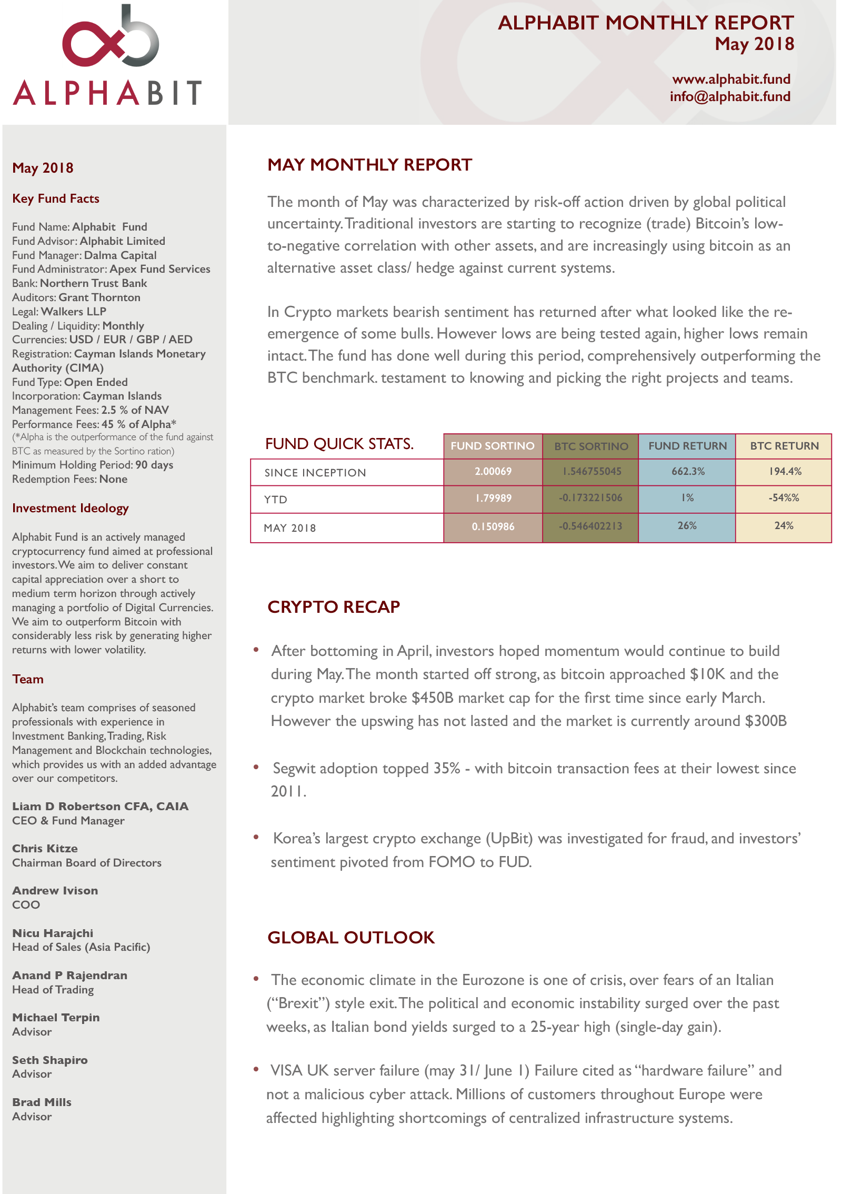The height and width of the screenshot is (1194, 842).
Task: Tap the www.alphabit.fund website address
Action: point(731,79)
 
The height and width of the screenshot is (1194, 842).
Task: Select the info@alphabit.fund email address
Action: point(730,96)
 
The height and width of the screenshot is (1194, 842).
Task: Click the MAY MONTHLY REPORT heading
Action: point(369,165)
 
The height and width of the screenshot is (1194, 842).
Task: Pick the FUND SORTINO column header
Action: point(492,446)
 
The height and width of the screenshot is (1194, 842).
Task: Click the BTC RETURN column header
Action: point(784,446)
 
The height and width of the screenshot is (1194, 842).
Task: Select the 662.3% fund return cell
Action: point(687,471)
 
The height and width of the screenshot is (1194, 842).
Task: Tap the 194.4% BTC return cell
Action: point(785,471)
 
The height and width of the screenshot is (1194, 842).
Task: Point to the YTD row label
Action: point(276,499)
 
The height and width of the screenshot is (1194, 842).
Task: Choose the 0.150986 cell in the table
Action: point(493,526)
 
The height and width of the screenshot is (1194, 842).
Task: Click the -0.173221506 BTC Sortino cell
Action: point(590,498)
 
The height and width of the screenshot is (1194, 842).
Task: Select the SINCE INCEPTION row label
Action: point(315,472)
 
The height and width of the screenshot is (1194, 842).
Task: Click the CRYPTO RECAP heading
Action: point(334,607)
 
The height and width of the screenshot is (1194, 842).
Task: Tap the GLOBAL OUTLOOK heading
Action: point(351,938)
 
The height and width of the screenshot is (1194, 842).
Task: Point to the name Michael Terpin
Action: point(56,1017)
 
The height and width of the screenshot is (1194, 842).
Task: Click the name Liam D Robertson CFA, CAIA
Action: point(100,806)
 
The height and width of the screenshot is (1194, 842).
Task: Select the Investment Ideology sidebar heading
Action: point(70,508)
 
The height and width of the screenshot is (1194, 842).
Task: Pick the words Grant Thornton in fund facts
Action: point(99,297)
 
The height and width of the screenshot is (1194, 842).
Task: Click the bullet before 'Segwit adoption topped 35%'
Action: point(256,767)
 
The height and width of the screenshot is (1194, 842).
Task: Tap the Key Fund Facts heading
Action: point(56,198)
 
